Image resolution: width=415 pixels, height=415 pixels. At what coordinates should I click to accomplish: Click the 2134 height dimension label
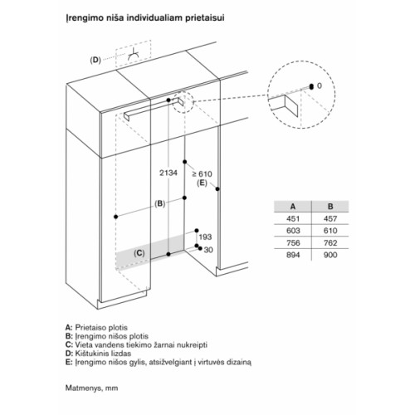tap(168, 173)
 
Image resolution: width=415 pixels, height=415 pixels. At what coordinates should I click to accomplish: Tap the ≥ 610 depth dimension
tap(203, 174)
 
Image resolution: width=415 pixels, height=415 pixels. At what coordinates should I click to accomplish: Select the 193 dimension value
tap(205, 237)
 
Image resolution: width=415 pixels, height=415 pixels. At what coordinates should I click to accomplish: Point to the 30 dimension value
tap(208, 250)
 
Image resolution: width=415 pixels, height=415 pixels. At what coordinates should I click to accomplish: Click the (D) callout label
tap(95, 60)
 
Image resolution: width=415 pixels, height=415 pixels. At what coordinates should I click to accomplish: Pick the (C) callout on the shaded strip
tap(139, 253)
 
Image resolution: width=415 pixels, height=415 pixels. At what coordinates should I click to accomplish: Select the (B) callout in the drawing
tap(160, 204)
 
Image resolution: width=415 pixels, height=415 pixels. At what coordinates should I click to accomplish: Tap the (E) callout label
tap(202, 183)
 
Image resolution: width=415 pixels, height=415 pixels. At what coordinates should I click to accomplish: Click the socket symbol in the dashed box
tap(134, 55)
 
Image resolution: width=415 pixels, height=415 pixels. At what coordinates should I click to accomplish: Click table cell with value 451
tap(293, 218)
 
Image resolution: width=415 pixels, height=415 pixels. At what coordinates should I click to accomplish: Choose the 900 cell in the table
tap(330, 255)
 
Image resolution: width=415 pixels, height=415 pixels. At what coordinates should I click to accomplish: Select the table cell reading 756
tap(293, 243)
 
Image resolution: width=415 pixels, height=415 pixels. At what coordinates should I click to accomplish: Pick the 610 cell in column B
tap(330, 231)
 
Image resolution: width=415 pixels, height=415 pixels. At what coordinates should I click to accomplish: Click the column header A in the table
tap(293, 207)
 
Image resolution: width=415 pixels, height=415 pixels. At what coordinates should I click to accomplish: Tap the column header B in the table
tap(330, 207)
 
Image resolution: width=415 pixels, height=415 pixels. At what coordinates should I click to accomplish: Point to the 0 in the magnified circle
tap(320, 85)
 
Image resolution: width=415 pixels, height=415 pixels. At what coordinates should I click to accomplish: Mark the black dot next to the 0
tap(311, 86)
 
